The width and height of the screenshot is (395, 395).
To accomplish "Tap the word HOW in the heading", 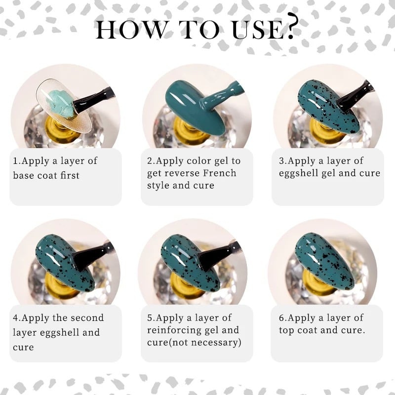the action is [x=130, y=30].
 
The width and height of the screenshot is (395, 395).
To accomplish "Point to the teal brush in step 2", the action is [x=222, y=96].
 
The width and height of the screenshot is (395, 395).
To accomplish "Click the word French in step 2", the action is [x=220, y=173].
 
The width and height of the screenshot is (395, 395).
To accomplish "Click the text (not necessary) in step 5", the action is [x=205, y=343].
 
